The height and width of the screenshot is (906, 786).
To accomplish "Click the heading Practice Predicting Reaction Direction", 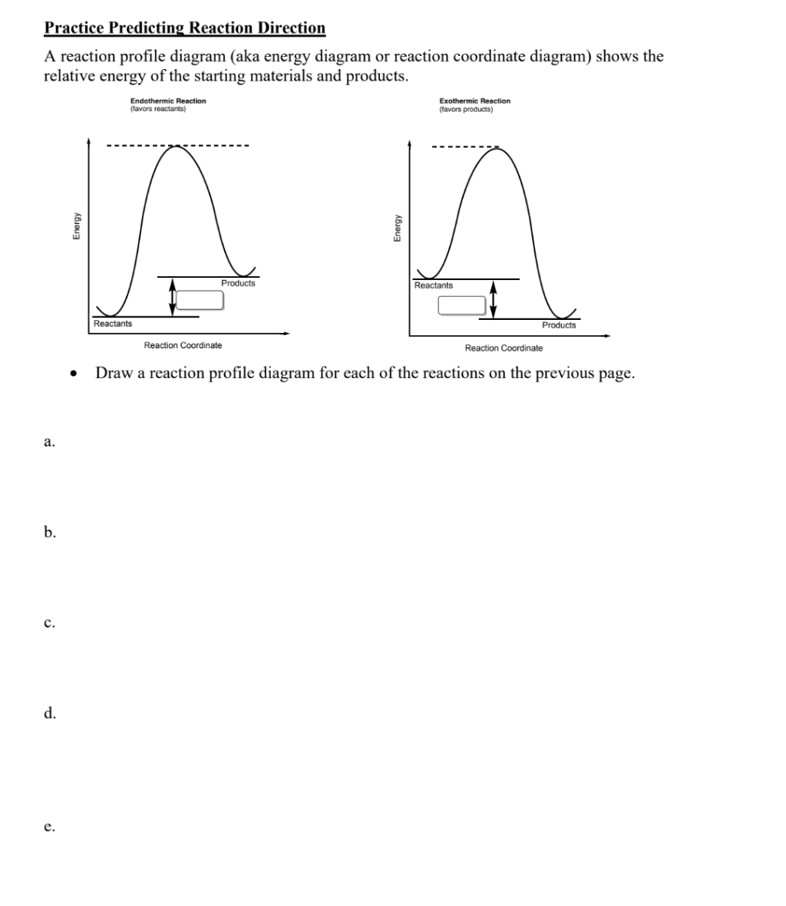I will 185,28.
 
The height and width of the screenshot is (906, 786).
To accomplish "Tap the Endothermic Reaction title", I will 168,100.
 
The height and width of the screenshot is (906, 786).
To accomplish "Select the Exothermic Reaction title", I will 474,100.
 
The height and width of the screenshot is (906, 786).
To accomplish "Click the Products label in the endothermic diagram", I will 238,283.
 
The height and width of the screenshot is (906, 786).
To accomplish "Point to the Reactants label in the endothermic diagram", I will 113,324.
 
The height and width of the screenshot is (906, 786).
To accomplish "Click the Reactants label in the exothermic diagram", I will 434,285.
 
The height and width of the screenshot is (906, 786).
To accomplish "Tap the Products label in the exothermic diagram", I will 559,325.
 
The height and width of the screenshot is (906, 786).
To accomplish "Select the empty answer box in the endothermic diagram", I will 200,300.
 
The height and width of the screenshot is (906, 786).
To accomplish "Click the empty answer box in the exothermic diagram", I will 462,305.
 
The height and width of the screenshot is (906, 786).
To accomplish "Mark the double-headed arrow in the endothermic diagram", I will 172,296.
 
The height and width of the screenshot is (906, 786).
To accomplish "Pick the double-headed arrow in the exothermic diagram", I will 493,299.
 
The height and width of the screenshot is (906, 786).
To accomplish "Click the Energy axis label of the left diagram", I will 77,228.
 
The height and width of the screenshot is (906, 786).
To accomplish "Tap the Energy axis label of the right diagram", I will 398,228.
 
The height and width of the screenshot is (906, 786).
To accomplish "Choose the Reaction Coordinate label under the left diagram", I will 183,345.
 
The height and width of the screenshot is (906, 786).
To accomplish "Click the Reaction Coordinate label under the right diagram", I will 504,348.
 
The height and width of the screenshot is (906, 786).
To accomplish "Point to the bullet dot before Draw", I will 73,374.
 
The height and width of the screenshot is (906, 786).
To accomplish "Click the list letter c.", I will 48,623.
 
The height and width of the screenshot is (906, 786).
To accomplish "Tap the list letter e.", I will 48,827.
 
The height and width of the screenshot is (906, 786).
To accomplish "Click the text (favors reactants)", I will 158,108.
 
